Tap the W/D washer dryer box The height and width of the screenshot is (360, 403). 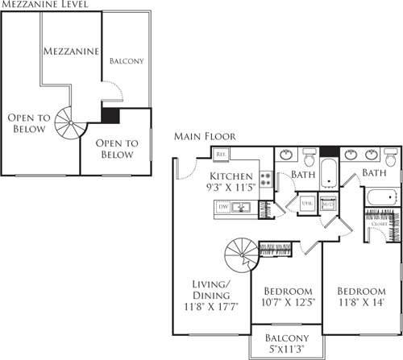coord(327,204)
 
